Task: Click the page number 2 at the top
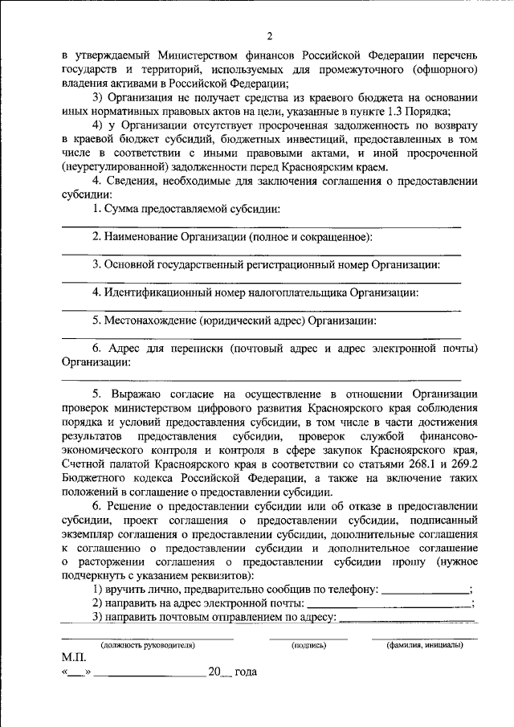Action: tap(271, 35)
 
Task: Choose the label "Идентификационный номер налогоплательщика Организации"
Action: tap(261, 292)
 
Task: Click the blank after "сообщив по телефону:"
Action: tap(425, 590)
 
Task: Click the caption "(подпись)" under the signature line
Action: tap(308, 644)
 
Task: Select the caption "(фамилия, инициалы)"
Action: tap(423, 644)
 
